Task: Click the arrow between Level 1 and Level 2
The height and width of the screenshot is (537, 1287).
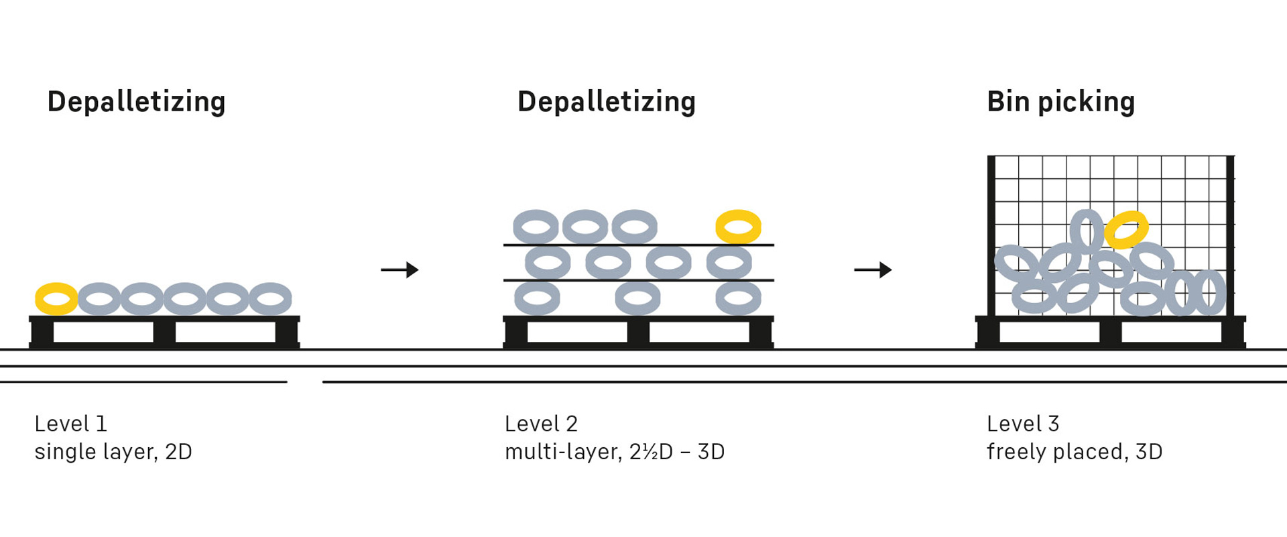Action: coord(400,270)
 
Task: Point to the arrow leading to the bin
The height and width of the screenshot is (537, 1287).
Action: coord(873,270)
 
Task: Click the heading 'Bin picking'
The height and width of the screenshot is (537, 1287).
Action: coord(1060,102)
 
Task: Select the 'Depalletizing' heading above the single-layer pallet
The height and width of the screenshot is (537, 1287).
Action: coord(136,102)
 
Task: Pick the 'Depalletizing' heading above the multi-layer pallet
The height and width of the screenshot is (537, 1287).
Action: coord(607,102)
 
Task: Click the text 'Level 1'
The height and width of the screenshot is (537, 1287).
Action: coord(70,424)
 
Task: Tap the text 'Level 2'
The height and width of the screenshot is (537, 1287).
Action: coord(541,424)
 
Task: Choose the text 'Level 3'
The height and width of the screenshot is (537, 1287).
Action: coord(1023,424)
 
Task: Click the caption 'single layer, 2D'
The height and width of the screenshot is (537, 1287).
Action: coord(113,452)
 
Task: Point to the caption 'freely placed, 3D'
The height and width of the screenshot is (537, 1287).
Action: coord(1075,452)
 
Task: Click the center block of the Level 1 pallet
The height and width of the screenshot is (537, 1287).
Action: coord(164,332)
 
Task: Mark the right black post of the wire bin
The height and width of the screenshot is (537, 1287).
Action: coord(1230,235)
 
